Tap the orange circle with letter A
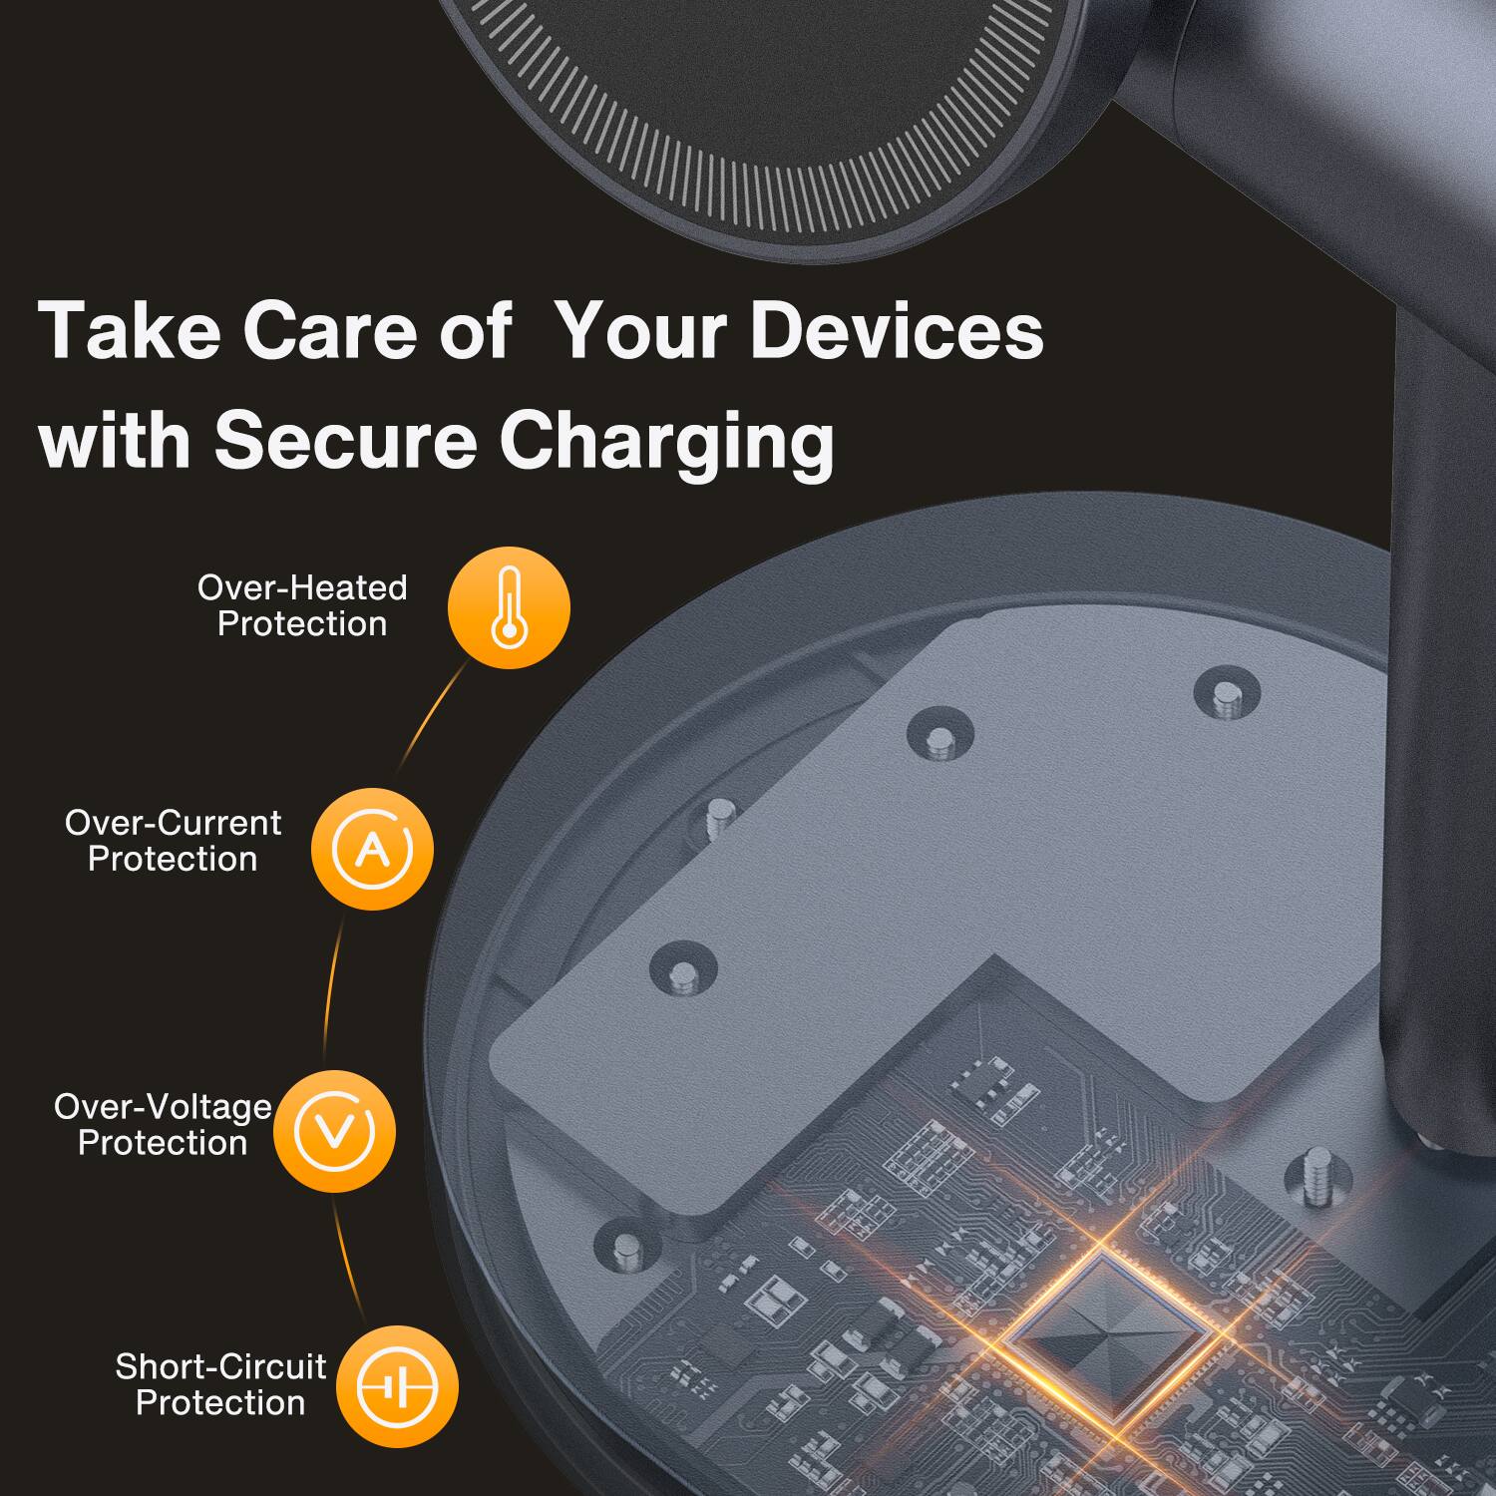coord(372,849)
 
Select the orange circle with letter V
coord(334,1131)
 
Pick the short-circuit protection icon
coord(397,1386)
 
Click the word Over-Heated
coord(302,587)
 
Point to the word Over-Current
coord(173,823)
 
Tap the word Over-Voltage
coord(163,1106)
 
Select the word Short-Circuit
coord(220,1366)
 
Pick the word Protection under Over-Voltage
coord(163,1143)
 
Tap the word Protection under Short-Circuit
coord(220,1403)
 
